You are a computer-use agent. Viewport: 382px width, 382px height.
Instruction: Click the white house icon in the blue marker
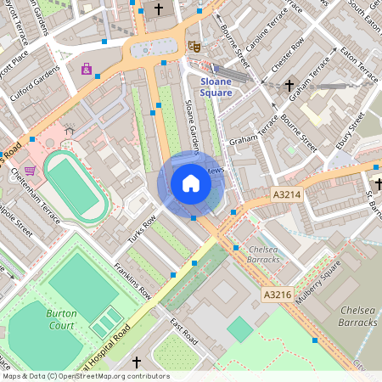(x=191, y=183)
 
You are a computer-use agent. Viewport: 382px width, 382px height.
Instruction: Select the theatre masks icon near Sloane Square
(x=194, y=47)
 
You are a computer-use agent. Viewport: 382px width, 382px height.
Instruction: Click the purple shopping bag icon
(x=86, y=69)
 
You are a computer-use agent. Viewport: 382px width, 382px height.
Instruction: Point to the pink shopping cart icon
(x=31, y=171)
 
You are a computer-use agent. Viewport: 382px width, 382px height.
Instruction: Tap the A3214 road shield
(x=287, y=195)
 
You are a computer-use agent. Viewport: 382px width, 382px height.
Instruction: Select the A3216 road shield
(x=278, y=295)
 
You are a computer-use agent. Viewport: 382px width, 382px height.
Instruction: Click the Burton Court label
(x=60, y=319)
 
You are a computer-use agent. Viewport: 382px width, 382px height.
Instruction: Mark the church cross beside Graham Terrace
(x=289, y=86)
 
